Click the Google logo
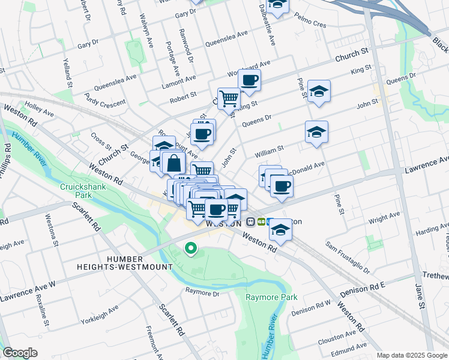click(x=20, y=353)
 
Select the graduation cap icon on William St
click(x=316, y=131)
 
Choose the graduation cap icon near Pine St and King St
click(x=319, y=91)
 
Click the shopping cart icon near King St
click(x=229, y=98)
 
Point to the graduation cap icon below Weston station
click(x=280, y=231)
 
